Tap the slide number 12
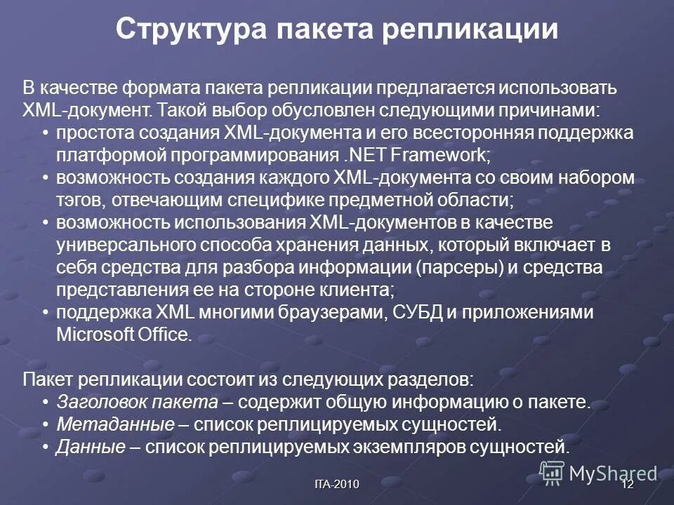[x=628, y=485]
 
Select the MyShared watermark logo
[x=598, y=473]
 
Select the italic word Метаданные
[x=114, y=424]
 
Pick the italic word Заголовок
[x=101, y=402]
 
